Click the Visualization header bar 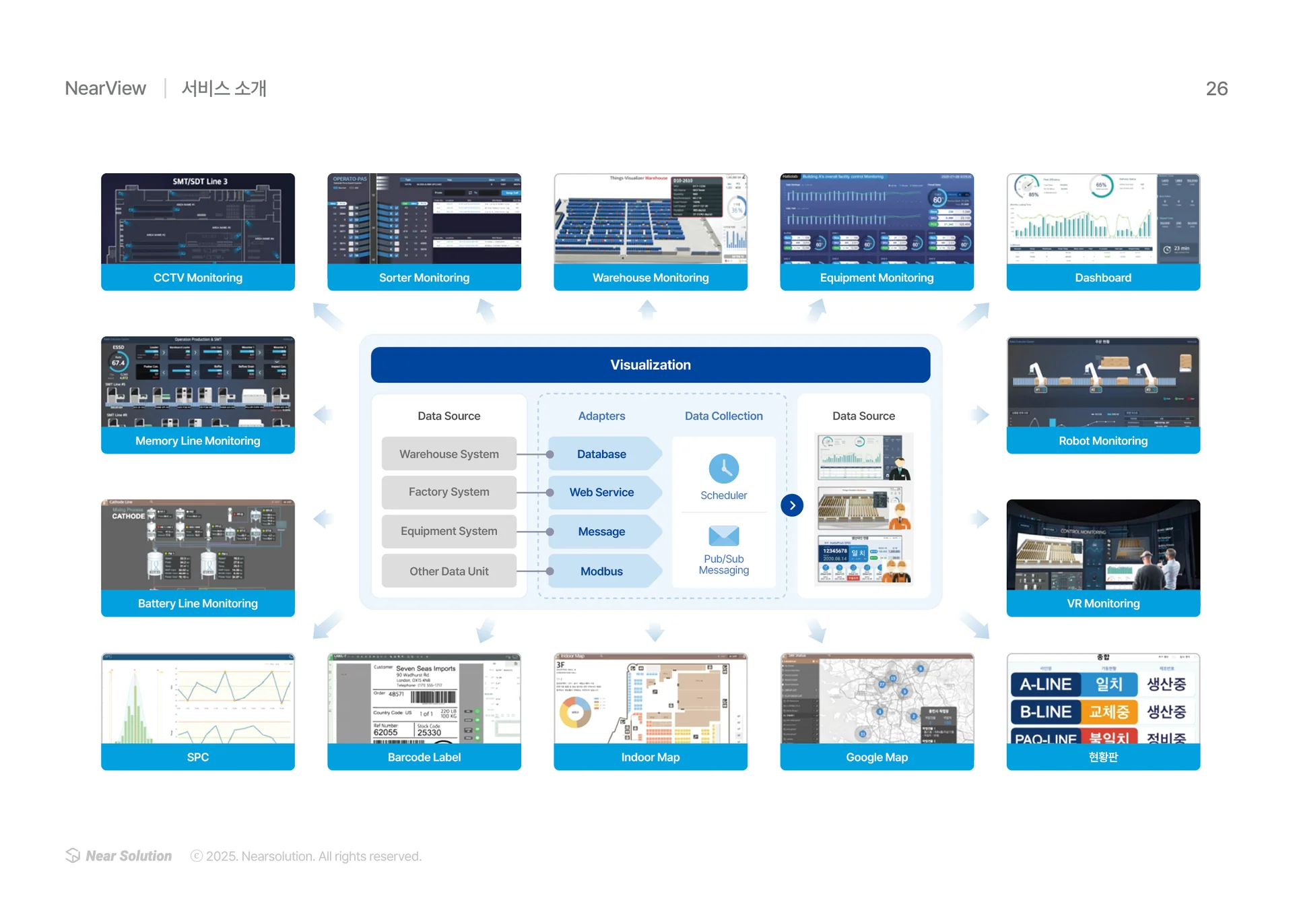tap(650, 365)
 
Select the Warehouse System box tap(449, 454)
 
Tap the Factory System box tap(449, 492)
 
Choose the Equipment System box tap(449, 531)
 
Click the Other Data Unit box tap(449, 571)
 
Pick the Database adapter tap(601, 454)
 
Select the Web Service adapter tap(601, 492)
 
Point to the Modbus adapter tap(601, 571)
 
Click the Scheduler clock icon tap(723, 468)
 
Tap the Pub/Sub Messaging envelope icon tap(723, 536)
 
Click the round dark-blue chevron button tap(792, 505)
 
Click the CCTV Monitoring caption tap(197, 278)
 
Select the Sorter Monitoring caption tap(424, 278)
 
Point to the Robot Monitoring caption tap(1102, 441)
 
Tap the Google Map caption tap(876, 757)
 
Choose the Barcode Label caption tap(424, 757)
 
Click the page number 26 tap(1216, 88)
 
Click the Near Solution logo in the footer tap(119, 856)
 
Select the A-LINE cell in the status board tap(1045, 684)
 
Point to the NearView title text tap(105, 88)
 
